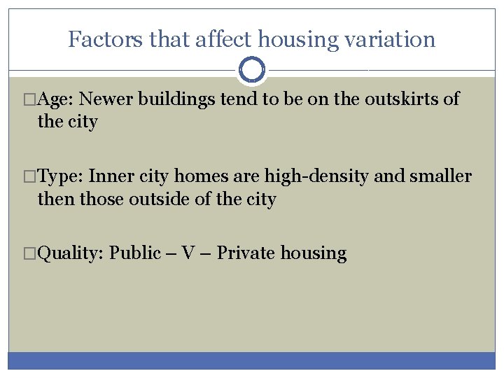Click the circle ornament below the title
tap(252, 70)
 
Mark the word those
tap(101, 199)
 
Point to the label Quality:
tap(70, 253)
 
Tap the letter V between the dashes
tap(188, 253)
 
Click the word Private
tap(246, 253)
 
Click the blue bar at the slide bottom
tap(252, 360)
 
